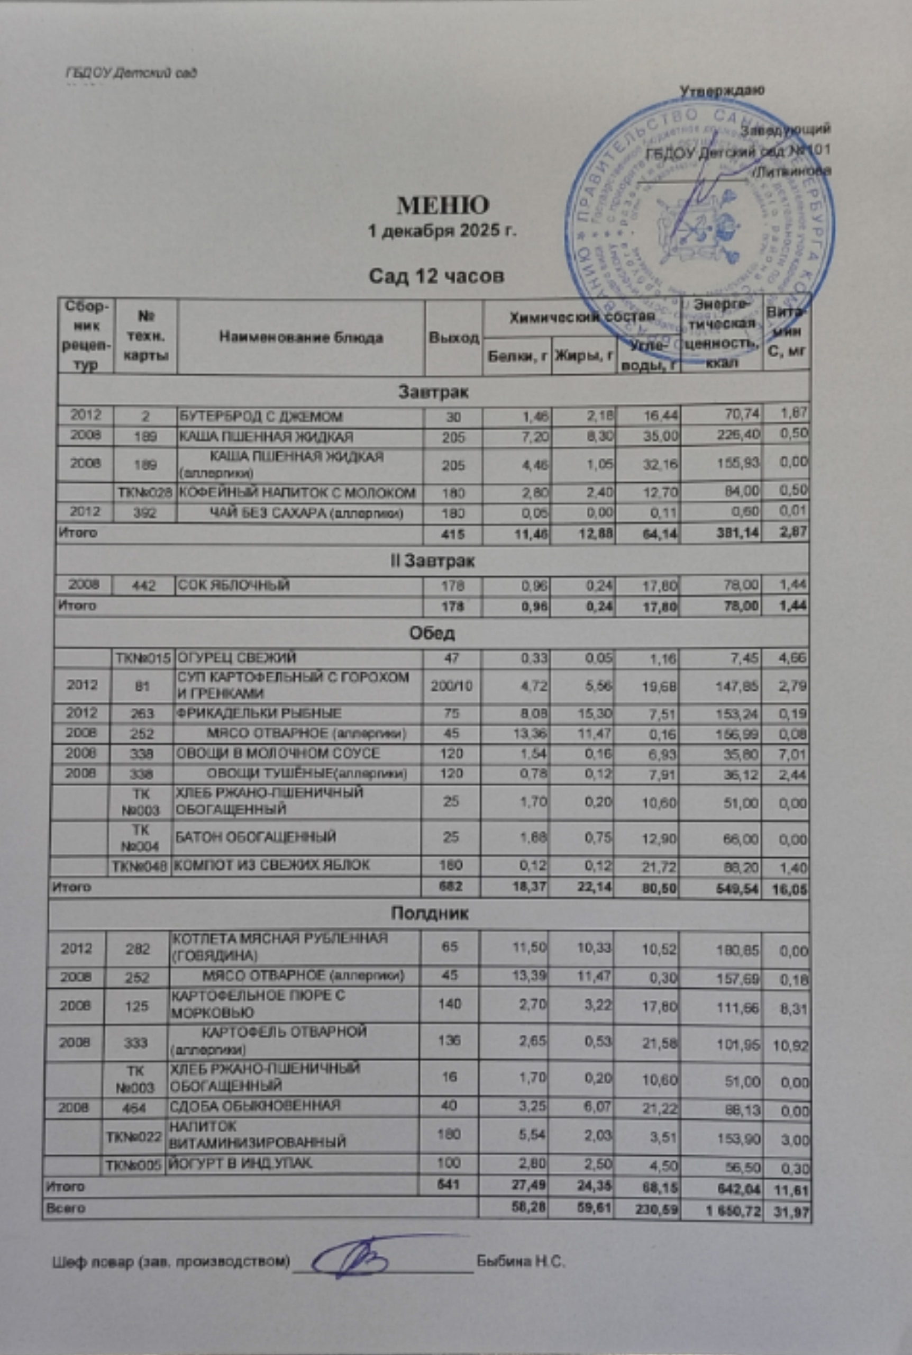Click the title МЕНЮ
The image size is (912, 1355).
[443, 205]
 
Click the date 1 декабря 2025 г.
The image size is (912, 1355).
[443, 231]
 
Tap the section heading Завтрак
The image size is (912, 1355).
[433, 392]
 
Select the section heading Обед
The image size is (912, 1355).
[432, 633]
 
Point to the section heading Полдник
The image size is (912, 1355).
[429, 913]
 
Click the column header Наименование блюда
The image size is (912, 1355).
[300, 338]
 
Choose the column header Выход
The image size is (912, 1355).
[454, 338]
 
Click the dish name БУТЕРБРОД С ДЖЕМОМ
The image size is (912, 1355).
[259, 417]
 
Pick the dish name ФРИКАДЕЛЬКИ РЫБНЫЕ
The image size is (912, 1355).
[259, 713]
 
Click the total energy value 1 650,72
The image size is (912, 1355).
[732, 1211]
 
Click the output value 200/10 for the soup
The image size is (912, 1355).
[451, 686]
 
